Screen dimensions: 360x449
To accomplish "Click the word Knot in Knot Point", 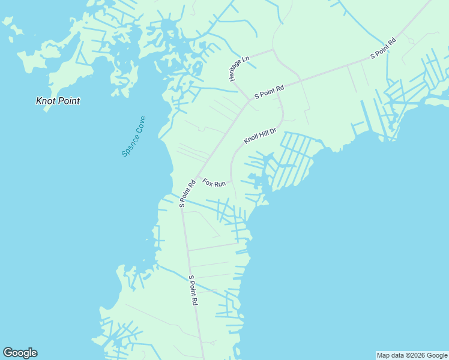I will (x=46, y=101).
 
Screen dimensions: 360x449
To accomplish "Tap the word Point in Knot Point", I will (x=68, y=101).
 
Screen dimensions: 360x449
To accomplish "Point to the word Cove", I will (x=141, y=124).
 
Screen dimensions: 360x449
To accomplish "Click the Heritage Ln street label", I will (x=238, y=69).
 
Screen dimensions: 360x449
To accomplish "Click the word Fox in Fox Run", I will (x=208, y=181).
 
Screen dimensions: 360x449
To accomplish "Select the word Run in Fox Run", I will (x=220, y=184).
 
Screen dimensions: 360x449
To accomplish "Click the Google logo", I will (x=20, y=353).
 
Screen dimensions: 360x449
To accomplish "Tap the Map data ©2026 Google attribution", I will (x=412, y=355).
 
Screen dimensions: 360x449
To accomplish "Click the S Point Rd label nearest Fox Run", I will (x=188, y=193).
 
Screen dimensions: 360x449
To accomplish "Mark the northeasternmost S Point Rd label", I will (x=383, y=49).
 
